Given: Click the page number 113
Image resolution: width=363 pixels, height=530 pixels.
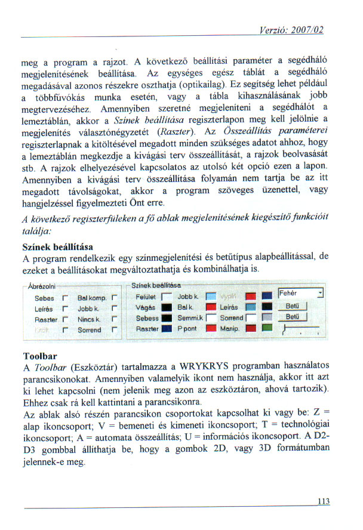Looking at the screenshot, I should pos(323,501).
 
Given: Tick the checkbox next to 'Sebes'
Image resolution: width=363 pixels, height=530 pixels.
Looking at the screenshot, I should pos(64,297).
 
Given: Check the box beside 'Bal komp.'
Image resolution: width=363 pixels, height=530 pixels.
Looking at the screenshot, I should pos(113,297).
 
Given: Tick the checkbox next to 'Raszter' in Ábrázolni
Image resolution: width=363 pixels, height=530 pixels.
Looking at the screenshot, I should pos(64,319).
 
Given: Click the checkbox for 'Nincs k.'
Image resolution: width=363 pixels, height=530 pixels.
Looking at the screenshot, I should pos(113,319).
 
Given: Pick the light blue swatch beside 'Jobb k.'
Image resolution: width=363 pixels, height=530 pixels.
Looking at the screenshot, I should pos(210,297).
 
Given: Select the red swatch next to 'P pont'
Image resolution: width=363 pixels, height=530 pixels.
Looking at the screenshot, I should pos(210,329).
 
